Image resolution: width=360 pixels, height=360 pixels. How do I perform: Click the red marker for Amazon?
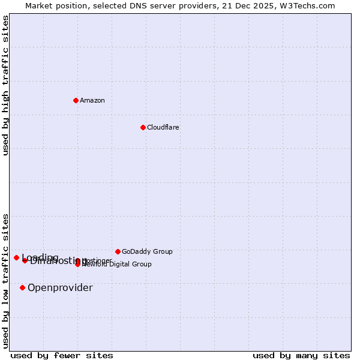(76, 100)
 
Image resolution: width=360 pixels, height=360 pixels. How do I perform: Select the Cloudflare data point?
(143, 127)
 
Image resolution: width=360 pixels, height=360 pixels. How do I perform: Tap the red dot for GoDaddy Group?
(118, 251)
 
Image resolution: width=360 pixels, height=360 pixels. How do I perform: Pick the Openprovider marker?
(22, 287)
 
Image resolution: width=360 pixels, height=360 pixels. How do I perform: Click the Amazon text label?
(92, 100)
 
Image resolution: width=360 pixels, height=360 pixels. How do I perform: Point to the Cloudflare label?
(163, 127)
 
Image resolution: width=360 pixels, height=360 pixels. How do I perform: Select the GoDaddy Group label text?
(147, 251)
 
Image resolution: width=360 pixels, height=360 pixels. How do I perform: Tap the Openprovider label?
(60, 288)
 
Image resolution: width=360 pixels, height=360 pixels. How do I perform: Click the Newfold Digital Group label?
(118, 264)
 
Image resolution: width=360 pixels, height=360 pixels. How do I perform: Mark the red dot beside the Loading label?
(16, 257)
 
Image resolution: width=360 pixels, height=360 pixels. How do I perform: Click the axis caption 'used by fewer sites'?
(62, 356)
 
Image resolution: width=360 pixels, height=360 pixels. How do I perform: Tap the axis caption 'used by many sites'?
(301, 356)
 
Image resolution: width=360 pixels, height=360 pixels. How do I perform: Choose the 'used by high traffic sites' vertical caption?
(5, 85)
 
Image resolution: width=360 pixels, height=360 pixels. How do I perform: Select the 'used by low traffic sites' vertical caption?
(5, 281)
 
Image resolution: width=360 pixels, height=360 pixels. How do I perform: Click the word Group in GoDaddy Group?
(162, 251)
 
